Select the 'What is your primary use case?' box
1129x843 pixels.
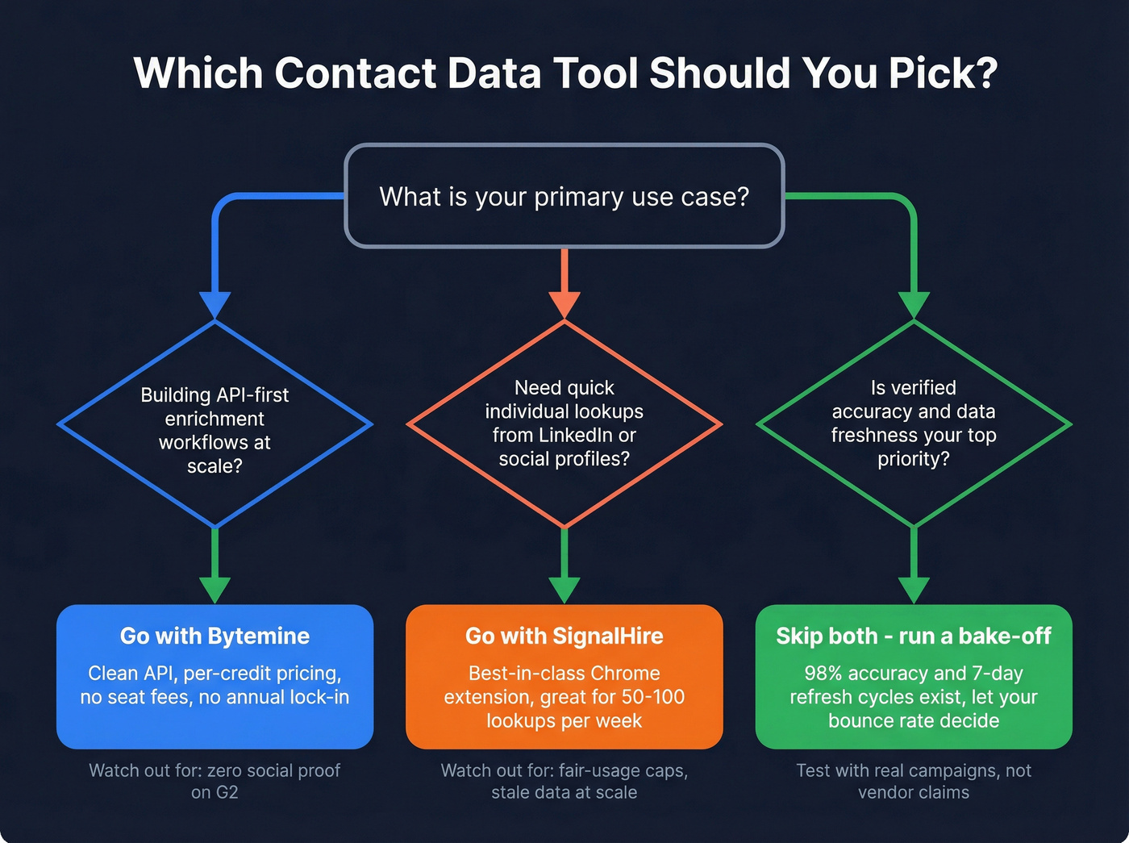click(x=564, y=196)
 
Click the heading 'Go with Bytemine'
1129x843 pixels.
click(x=215, y=636)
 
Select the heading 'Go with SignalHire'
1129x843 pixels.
click(x=564, y=636)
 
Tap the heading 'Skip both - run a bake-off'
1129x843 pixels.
click(x=914, y=636)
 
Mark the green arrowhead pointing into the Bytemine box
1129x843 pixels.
click(x=215, y=591)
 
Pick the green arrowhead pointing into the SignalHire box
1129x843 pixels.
click(x=564, y=591)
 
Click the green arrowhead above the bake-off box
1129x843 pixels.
click(x=914, y=591)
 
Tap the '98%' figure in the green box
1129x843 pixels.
click(x=824, y=674)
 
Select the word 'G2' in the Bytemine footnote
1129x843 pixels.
click(x=227, y=792)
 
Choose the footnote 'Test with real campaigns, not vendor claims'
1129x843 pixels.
click(x=914, y=781)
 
